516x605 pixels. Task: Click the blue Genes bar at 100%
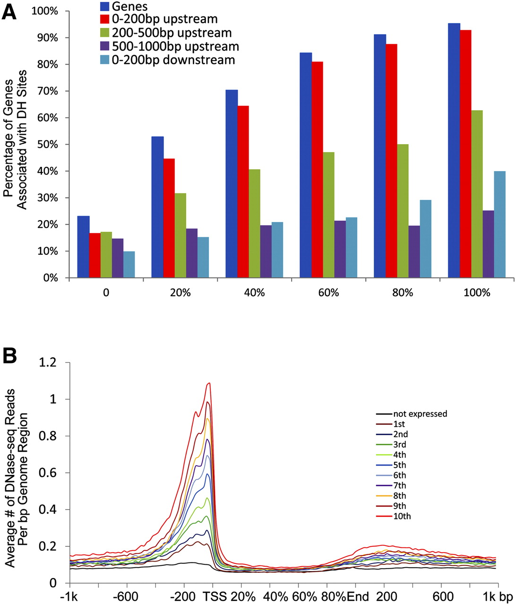(x=454, y=150)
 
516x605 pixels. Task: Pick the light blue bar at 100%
(x=499, y=224)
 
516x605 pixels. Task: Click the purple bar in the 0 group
(x=117, y=258)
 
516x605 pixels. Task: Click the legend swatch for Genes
(x=105, y=6)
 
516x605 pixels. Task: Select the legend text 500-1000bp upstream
(x=175, y=46)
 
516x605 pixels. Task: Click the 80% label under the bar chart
(x=403, y=293)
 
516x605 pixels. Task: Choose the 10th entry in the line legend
(x=402, y=516)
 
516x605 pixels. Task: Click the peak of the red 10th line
(x=208, y=383)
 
